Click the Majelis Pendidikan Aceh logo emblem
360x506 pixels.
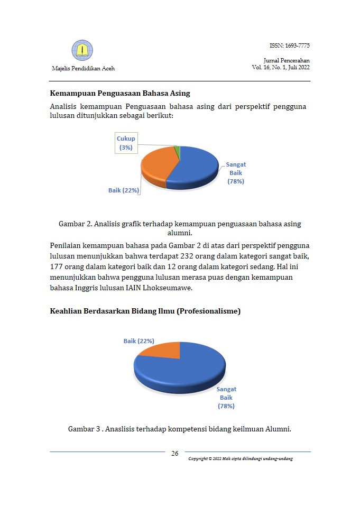tap(82, 50)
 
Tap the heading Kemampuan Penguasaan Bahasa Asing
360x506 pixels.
tap(120, 94)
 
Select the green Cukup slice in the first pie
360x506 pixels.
tap(178, 153)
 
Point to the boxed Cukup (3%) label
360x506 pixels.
tap(126, 143)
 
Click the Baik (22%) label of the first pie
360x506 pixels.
tap(124, 190)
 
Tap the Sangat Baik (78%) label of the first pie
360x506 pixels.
tap(236, 173)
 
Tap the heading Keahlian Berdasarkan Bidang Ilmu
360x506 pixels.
tap(145, 311)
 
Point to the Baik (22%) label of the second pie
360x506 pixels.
tap(139, 341)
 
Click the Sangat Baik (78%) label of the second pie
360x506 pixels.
tap(226, 398)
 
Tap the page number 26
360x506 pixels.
tap(175, 454)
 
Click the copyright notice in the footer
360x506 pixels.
tap(241, 458)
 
